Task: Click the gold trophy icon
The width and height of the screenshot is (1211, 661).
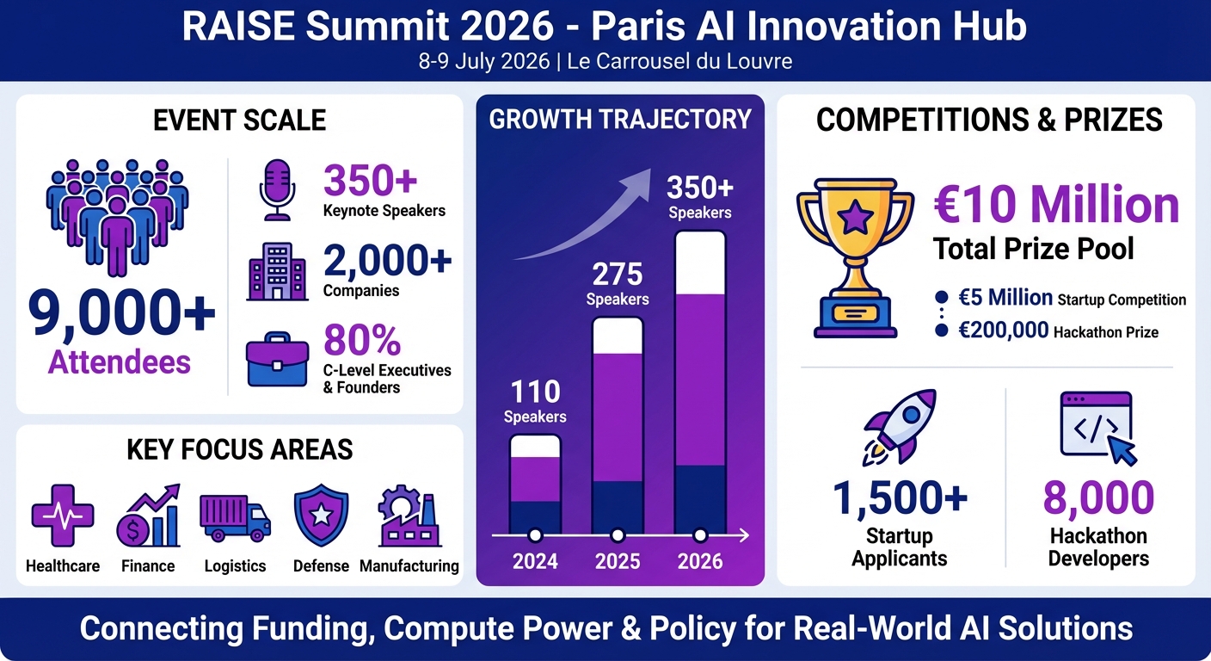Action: (855, 250)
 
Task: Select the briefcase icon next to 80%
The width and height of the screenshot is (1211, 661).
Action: (277, 362)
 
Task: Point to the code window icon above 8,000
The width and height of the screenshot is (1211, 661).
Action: (1097, 427)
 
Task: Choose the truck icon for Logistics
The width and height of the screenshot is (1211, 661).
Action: (235, 519)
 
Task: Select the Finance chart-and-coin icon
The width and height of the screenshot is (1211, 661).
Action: (148, 517)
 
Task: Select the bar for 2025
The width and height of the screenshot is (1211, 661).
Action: (618, 425)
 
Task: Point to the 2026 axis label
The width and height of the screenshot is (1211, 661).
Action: (700, 562)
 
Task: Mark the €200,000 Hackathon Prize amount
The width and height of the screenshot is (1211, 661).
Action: (1004, 330)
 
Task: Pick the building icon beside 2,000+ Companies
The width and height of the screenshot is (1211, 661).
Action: (277, 271)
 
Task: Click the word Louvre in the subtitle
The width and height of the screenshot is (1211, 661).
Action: (760, 61)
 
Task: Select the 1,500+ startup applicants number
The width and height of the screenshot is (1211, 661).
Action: (900, 498)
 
